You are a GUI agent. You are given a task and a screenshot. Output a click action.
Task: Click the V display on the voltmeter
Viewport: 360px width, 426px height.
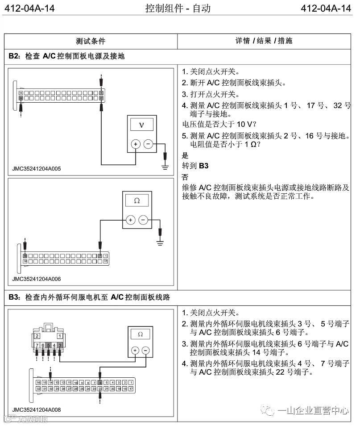141,125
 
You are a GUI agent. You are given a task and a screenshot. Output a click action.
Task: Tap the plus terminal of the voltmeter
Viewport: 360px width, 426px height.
135,144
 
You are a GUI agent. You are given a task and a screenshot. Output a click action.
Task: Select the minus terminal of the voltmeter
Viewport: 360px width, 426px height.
148,144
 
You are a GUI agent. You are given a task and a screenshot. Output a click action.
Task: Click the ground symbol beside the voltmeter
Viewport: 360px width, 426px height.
166,167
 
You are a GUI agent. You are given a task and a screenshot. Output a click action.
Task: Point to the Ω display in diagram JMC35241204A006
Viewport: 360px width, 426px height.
137,201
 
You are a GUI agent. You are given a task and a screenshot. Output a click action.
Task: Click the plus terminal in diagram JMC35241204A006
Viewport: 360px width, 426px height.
130,220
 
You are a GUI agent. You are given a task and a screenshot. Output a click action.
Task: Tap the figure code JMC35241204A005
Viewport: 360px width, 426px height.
37,169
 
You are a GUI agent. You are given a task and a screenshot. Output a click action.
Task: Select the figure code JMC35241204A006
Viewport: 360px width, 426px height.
37,279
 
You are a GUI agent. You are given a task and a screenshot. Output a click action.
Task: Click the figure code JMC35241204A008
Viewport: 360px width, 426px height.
37,409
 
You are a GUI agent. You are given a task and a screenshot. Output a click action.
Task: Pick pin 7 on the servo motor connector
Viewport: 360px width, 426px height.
37,345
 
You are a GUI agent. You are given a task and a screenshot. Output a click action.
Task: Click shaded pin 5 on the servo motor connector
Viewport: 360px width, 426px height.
48,345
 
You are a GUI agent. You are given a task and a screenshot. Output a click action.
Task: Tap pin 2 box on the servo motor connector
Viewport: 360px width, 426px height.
37,335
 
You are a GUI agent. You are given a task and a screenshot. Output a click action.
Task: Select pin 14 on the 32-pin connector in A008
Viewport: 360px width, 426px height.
51,383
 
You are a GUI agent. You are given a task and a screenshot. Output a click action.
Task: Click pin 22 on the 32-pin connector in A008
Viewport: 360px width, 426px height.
100,389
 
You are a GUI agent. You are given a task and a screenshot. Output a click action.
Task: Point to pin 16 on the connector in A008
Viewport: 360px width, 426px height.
38,383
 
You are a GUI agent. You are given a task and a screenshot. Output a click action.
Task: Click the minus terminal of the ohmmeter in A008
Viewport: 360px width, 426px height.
146,351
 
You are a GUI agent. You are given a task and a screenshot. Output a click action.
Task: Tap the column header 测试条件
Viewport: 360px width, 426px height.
91,41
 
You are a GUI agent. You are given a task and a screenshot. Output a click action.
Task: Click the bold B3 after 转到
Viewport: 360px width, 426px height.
204,166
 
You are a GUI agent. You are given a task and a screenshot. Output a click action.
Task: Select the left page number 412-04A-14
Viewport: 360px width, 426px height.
28,8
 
